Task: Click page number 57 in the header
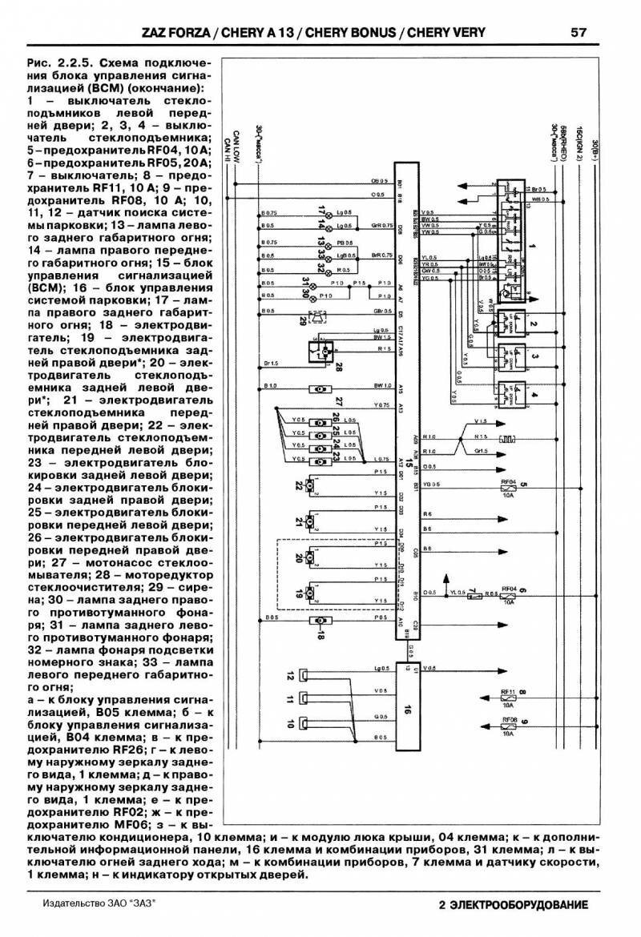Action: coord(579,33)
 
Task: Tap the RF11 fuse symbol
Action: coord(507,697)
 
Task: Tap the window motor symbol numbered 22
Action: coord(314,485)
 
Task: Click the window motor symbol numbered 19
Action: coord(313,593)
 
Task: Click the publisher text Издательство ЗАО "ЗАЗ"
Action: coord(97,903)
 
